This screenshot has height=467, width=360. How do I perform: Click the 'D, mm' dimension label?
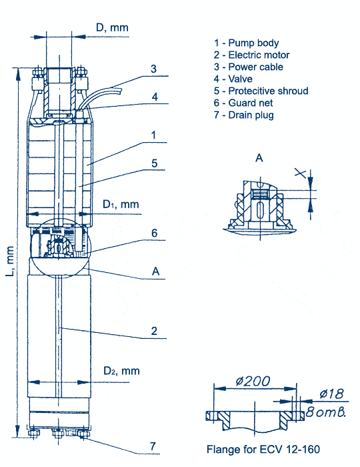112,28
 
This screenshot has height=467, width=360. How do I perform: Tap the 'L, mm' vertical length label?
10,261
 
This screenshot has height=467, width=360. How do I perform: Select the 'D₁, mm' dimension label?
121,205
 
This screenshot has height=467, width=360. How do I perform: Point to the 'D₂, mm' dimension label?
121,371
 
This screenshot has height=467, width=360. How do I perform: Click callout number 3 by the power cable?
153,69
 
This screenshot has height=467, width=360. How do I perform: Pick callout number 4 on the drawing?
155,97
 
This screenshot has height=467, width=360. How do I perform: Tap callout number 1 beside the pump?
153,135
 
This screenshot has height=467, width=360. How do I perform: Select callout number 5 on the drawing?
155,163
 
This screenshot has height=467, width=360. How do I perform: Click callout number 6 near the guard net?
155,233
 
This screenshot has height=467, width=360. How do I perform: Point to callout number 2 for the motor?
154,331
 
